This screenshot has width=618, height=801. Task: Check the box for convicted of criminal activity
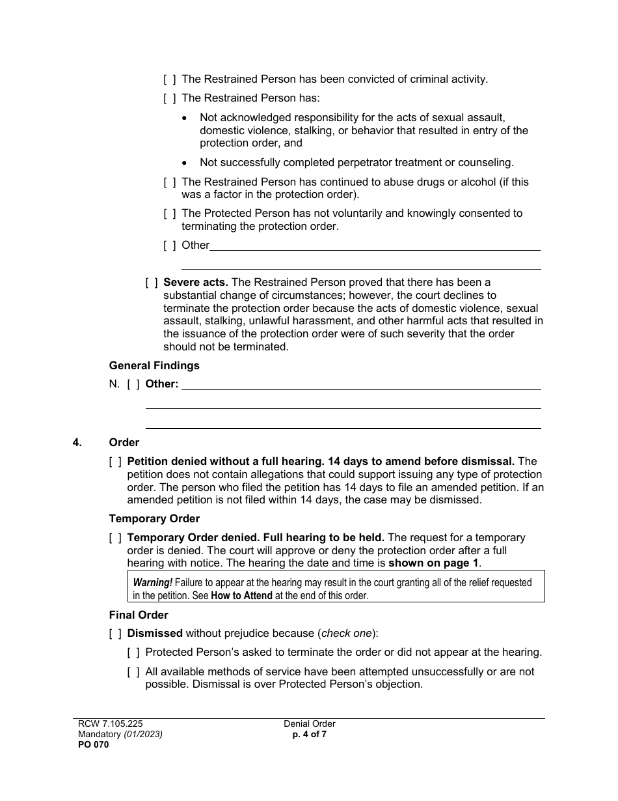pos(169,79)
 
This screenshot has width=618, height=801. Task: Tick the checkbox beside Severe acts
pos(151,283)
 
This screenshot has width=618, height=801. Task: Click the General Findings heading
pos(154,365)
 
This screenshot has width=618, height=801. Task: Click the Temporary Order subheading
pos(154,519)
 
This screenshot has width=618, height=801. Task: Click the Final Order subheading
pos(139,615)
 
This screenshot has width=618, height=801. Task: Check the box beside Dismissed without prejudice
pos(115,634)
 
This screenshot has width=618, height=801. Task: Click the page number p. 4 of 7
pos(309,734)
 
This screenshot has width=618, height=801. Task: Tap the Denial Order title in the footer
pos(309,724)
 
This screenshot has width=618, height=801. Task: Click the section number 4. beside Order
pos(77,443)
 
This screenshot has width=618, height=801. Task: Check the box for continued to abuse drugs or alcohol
pos(169,182)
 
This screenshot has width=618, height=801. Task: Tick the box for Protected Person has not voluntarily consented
pos(169,214)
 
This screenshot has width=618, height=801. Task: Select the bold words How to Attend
pos(242,595)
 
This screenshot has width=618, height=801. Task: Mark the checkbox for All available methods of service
pos(133,671)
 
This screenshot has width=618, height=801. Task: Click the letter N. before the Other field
pos(114,384)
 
